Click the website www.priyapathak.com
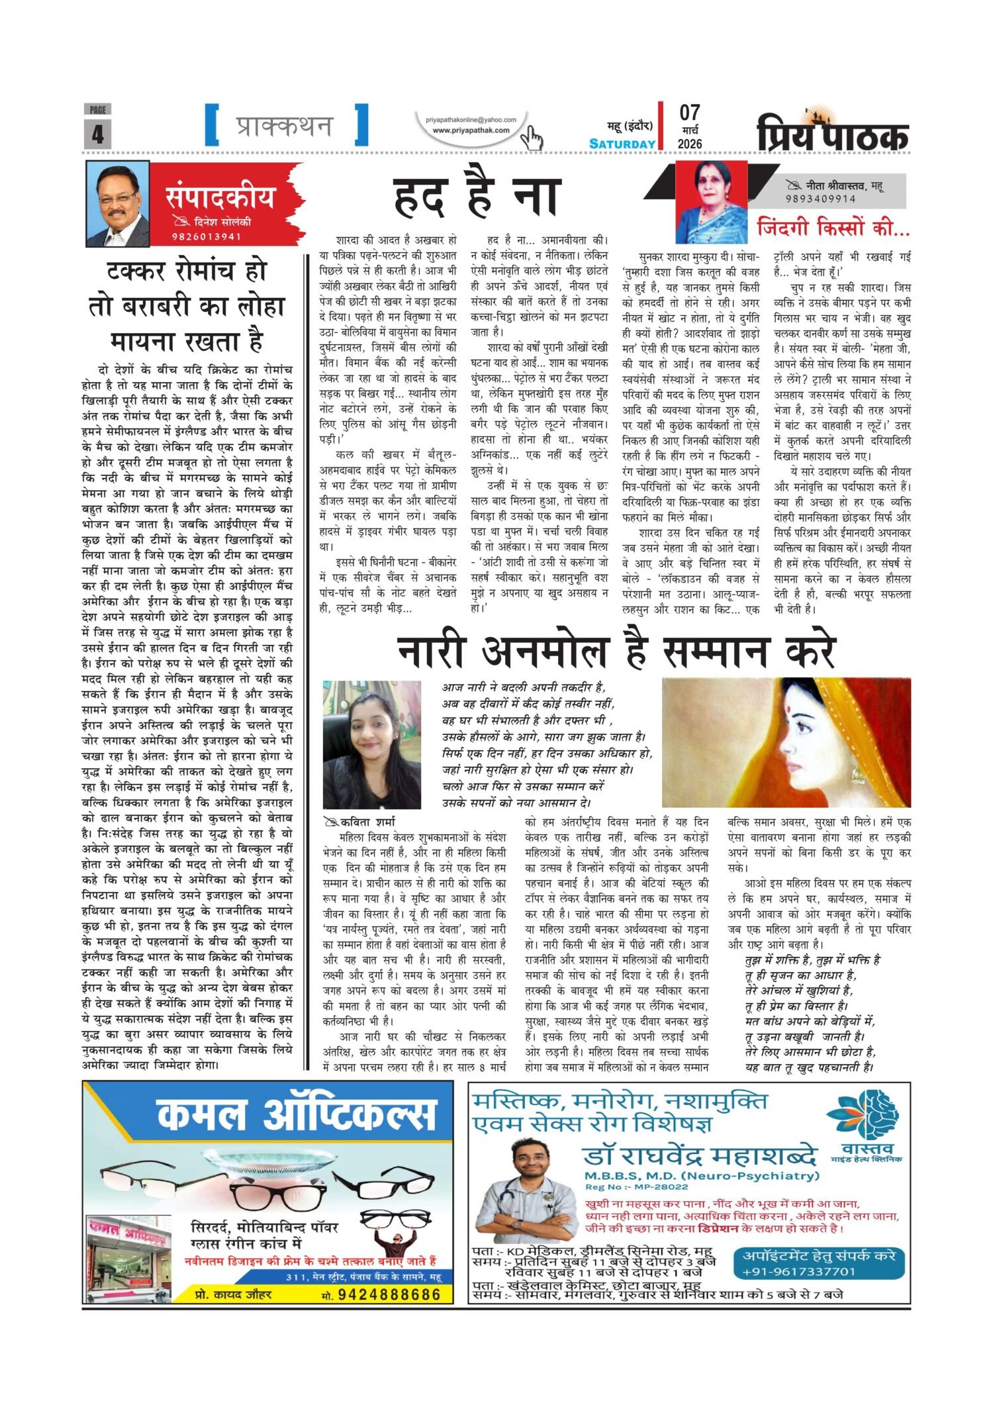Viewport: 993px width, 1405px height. pos(471,130)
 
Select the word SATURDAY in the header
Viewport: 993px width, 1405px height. pos(622,144)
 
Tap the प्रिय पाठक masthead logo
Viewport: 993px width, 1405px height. pos(833,132)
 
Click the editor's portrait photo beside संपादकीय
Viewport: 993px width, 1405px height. pos(117,203)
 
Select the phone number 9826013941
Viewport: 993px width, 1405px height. pos(205,237)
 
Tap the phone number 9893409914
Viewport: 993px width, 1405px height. pos(820,199)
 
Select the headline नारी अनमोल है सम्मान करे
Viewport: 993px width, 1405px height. pos(616,652)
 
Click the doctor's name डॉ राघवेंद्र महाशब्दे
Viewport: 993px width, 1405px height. pos(700,1156)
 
